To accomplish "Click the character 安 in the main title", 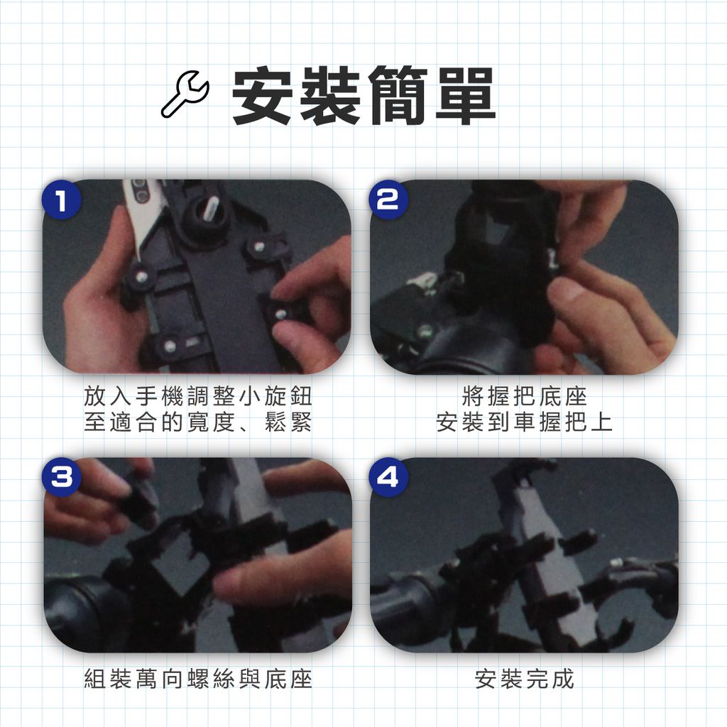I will pos(262,97).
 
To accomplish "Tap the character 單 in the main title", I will pos(463,97).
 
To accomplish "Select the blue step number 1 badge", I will pos(61,201).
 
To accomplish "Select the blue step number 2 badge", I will pos(387,201).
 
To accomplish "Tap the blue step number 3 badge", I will pos(61,477).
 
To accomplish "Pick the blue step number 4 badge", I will pos(387,477).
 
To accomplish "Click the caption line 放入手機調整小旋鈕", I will pos(198,397).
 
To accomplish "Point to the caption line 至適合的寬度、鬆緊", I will pos(198,424).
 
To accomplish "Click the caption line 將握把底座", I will pos(525,397).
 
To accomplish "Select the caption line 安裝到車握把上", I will pos(525,424).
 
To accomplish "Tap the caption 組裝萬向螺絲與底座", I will pos(198,679).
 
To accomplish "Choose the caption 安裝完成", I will pos(525,679).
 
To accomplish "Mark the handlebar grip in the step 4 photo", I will pos(408,607).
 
